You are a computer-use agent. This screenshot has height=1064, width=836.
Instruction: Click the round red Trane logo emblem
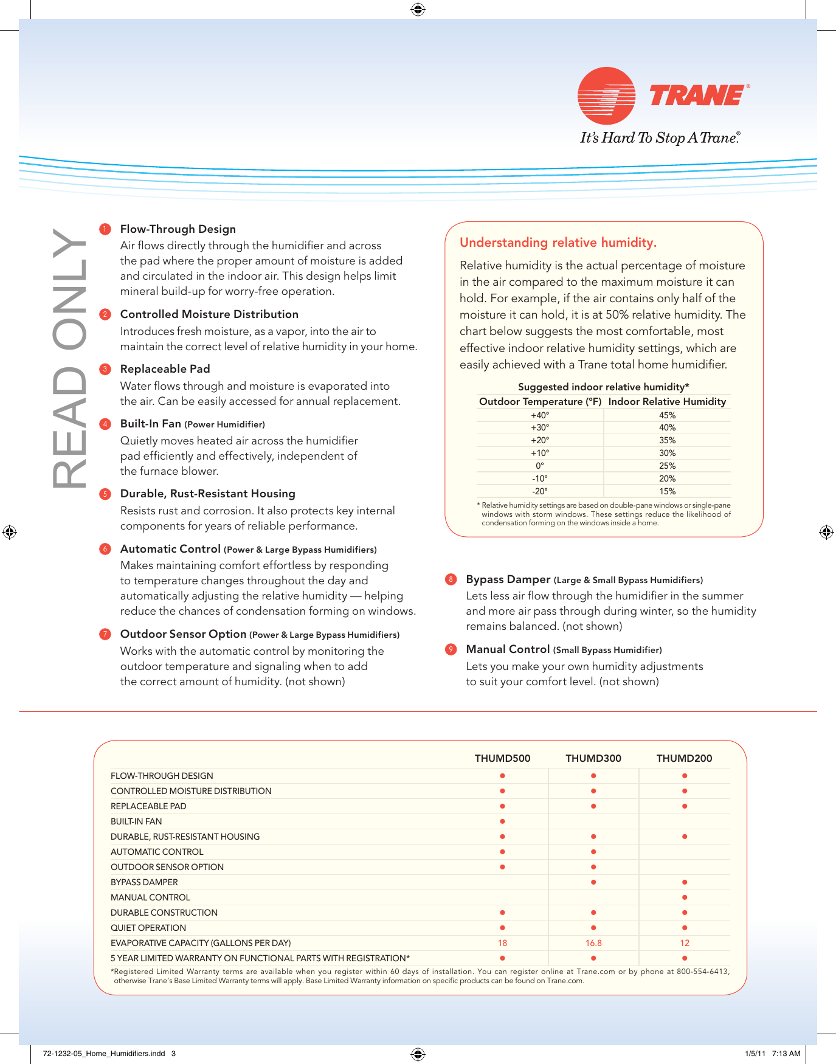[606, 96]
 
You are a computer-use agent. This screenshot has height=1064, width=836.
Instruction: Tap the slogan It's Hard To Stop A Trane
[660, 138]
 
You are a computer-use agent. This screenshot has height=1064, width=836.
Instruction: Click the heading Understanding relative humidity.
[558, 243]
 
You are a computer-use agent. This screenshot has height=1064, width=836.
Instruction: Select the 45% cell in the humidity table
[667, 415]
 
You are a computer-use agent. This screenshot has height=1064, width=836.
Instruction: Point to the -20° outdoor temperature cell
[539, 491]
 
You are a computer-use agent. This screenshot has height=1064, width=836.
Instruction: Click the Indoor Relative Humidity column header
[667, 401]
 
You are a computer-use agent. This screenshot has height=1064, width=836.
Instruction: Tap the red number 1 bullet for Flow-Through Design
[105, 229]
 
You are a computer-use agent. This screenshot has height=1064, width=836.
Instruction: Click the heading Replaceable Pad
[165, 369]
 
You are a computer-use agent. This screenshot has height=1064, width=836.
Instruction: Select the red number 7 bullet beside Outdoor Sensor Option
[105, 634]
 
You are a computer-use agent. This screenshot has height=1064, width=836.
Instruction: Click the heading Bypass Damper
[508, 579]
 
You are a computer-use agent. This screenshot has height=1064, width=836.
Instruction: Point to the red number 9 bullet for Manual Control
[451, 649]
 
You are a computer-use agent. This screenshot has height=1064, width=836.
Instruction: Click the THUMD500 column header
[502, 758]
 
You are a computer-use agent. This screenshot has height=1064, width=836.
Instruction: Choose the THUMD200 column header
[684, 758]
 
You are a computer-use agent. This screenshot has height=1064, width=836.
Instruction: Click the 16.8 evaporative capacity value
[593, 943]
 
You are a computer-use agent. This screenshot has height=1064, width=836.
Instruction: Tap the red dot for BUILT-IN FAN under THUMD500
[502, 821]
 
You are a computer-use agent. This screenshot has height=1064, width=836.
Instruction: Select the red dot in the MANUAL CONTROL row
[685, 897]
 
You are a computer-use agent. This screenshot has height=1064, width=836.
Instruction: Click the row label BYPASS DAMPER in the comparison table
[144, 882]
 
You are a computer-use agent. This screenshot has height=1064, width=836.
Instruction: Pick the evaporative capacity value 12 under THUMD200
[685, 943]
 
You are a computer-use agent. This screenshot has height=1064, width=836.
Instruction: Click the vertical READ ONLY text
[68, 359]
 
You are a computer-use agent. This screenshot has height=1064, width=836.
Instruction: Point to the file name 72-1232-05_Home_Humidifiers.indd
[104, 1054]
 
